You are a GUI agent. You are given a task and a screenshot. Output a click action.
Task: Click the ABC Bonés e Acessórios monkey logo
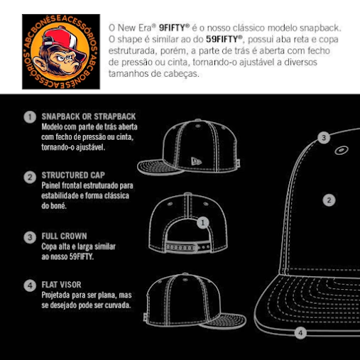[x=61, y=52]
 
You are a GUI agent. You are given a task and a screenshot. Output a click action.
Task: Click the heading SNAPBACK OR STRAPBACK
[x=89, y=116]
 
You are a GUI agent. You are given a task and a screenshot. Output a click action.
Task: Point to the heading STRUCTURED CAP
[x=73, y=175]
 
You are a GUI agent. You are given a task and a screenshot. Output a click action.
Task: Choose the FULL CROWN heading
[x=64, y=236]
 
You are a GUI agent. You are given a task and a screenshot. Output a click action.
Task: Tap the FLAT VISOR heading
[x=61, y=285]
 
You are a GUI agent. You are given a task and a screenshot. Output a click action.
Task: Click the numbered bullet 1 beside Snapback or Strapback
[x=30, y=117]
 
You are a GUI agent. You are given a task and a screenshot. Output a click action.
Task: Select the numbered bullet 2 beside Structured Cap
[x=30, y=177]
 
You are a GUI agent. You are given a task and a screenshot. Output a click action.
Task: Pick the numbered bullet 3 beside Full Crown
[x=30, y=237]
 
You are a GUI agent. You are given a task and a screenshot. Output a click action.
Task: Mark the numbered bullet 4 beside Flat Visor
[x=30, y=285]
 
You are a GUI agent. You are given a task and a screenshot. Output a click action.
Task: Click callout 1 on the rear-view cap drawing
[x=203, y=222]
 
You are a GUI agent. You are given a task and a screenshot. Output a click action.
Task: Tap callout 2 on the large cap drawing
[x=329, y=200]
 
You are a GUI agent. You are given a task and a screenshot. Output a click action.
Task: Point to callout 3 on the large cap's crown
[x=324, y=138]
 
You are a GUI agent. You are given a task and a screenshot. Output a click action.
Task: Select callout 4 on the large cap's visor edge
[x=300, y=333]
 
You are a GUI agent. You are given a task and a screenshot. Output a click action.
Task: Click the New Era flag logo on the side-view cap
[x=196, y=161]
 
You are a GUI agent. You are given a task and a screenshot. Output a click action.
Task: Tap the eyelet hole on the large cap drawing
[x=342, y=150]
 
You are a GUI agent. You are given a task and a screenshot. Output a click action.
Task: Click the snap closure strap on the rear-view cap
[x=187, y=248]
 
